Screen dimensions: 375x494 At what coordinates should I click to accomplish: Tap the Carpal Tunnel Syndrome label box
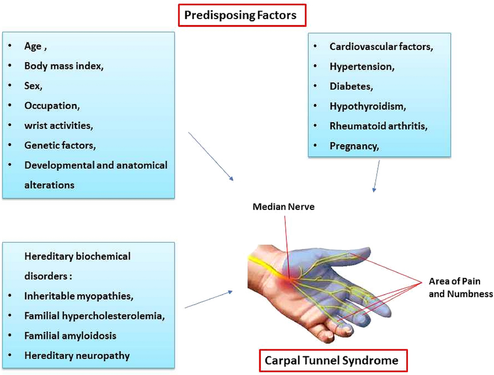(332, 360)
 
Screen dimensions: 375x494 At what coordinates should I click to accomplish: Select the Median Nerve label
(283, 206)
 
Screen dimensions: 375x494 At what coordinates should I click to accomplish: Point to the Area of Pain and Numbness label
(460, 287)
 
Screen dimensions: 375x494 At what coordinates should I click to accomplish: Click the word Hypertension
(361, 66)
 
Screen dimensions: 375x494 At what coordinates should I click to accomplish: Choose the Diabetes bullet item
(350, 86)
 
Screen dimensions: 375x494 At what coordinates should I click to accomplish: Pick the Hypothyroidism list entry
(367, 106)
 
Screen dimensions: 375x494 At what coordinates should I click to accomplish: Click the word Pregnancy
(354, 146)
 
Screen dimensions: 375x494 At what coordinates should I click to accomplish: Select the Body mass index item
(64, 66)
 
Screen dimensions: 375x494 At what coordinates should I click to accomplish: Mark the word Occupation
(52, 105)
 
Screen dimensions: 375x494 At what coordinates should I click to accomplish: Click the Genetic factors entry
(60, 145)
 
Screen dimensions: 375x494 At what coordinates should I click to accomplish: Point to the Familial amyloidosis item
(70, 335)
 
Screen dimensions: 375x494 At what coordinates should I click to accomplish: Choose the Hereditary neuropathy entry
(77, 355)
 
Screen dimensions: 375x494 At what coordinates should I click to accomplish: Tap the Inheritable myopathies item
(78, 296)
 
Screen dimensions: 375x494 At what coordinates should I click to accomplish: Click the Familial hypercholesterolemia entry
(94, 316)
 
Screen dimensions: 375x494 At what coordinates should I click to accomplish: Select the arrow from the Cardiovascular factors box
(377, 176)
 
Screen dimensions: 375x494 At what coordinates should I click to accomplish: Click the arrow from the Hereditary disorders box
(208, 299)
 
